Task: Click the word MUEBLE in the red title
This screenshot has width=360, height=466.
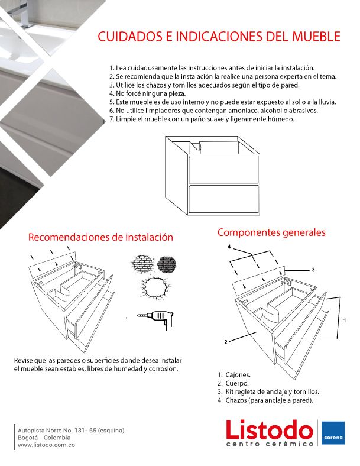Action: pyautogui.click(x=316, y=36)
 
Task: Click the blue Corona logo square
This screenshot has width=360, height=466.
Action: pyautogui.click(x=333, y=433)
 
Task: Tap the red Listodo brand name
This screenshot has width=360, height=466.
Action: pyautogui.click(x=270, y=429)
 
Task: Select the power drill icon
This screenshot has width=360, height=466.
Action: pyautogui.click(x=155, y=320)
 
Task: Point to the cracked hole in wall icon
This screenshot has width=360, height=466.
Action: pyautogui.click(x=155, y=287)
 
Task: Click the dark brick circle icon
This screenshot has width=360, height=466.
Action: pyautogui.click(x=167, y=264)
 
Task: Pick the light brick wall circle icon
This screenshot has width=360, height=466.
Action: pyautogui.click(x=142, y=263)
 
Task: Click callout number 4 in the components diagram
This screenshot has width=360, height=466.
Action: pyautogui.click(x=229, y=247)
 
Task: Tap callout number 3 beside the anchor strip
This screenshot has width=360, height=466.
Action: pyautogui.click(x=313, y=270)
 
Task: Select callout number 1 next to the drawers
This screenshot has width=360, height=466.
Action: pyautogui.click(x=345, y=321)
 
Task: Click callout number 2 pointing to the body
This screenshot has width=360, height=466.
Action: pyautogui.click(x=226, y=342)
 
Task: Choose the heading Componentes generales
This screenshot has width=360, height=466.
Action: pyautogui.click(x=271, y=232)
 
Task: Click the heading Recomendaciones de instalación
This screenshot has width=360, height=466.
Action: pyautogui.click(x=100, y=237)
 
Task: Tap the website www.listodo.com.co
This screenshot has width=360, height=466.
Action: pyautogui.click(x=46, y=445)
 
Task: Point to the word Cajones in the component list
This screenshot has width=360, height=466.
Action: pyautogui.click(x=238, y=375)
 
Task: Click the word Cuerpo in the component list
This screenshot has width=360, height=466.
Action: pyautogui.click(x=237, y=383)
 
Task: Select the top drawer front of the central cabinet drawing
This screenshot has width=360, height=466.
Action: pyautogui.click(x=223, y=169)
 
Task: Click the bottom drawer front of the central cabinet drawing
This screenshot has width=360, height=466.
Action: pyautogui.click(x=223, y=199)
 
